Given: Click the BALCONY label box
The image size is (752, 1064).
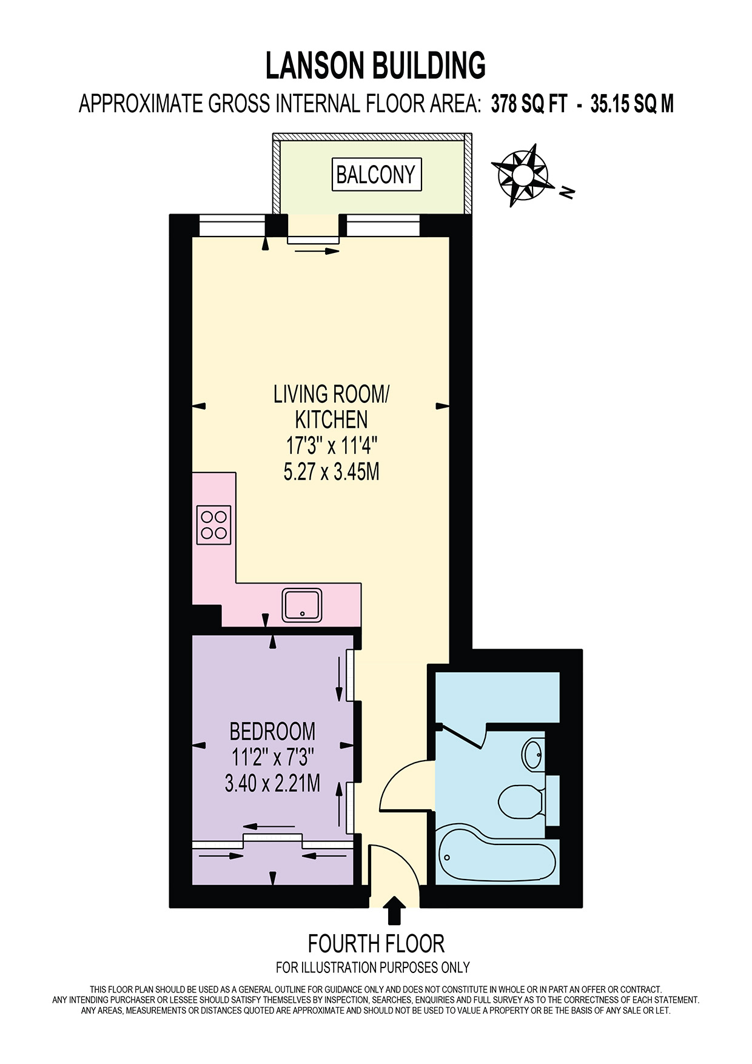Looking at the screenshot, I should click(x=376, y=175).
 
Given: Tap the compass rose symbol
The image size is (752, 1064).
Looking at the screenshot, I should click(x=522, y=175).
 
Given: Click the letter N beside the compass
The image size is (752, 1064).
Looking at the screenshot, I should click(x=567, y=192).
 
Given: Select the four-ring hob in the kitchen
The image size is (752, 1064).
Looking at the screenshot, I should click(x=213, y=525).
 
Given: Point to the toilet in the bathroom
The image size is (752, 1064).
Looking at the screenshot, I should click(x=519, y=802).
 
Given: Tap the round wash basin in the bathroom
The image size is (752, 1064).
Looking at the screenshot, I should click(x=533, y=754).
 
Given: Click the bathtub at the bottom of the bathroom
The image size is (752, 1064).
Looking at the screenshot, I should click(x=497, y=858).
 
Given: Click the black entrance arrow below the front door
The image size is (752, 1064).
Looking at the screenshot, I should click(x=395, y=910).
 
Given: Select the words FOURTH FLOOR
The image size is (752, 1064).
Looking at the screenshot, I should click(x=376, y=944).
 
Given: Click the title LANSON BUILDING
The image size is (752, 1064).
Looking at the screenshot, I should click(x=375, y=66).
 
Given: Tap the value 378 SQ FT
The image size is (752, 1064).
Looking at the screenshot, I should click(x=529, y=104).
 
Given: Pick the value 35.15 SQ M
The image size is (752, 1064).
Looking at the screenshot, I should click(x=632, y=104).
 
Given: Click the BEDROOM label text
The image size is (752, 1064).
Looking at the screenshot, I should click(x=272, y=732).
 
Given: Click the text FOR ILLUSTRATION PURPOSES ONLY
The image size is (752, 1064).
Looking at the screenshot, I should click(x=372, y=967).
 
